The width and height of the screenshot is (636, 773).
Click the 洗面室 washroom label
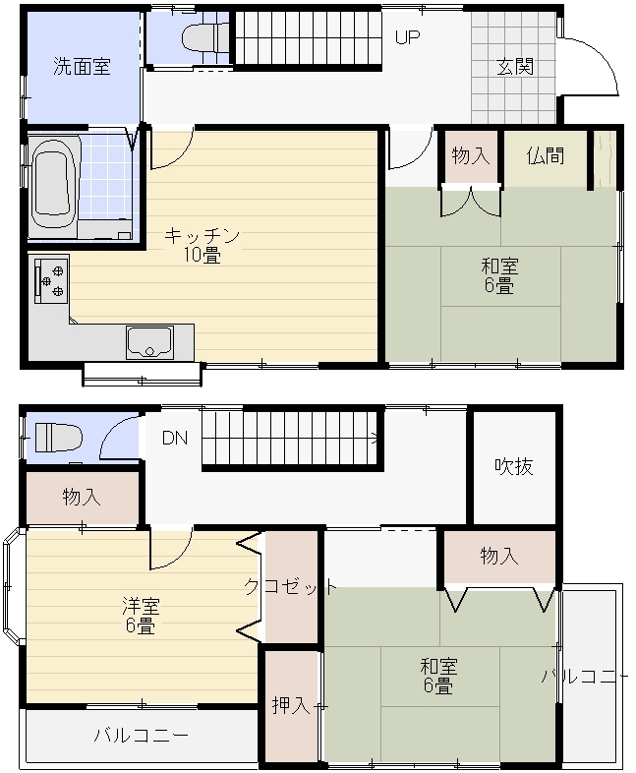pyautogui.click(x=82, y=66)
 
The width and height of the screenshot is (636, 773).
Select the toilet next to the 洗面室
pyautogui.click(x=204, y=38)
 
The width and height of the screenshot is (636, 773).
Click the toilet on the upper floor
pyautogui.click(x=58, y=437)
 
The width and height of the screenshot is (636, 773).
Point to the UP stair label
pyautogui.click(x=407, y=37)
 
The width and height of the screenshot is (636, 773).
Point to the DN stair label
pyautogui.click(x=175, y=438)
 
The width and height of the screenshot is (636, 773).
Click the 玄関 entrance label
pyautogui.click(x=515, y=67)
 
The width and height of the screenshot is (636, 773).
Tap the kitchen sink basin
pyautogui.click(x=149, y=342)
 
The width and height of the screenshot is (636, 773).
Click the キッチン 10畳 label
pyautogui.click(x=202, y=245)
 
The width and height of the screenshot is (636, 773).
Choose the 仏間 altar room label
pyautogui.click(x=545, y=155)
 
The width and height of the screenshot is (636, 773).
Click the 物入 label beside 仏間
pyautogui.click(x=471, y=155)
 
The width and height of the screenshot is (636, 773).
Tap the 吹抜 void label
pyautogui.click(x=514, y=466)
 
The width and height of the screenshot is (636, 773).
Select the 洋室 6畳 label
pyautogui.click(x=141, y=616)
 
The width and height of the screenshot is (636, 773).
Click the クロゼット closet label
pyautogui.click(x=291, y=587)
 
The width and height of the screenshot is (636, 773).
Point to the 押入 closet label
pyautogui.click(x=291, y=705)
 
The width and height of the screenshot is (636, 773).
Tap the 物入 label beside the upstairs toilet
pyautogui.click(x=82, y=497)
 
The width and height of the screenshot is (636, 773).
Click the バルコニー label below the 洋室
pyautogui.click(x=142, y=736)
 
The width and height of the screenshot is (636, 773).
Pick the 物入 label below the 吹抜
pyautogui.click(x=499, y=557)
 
